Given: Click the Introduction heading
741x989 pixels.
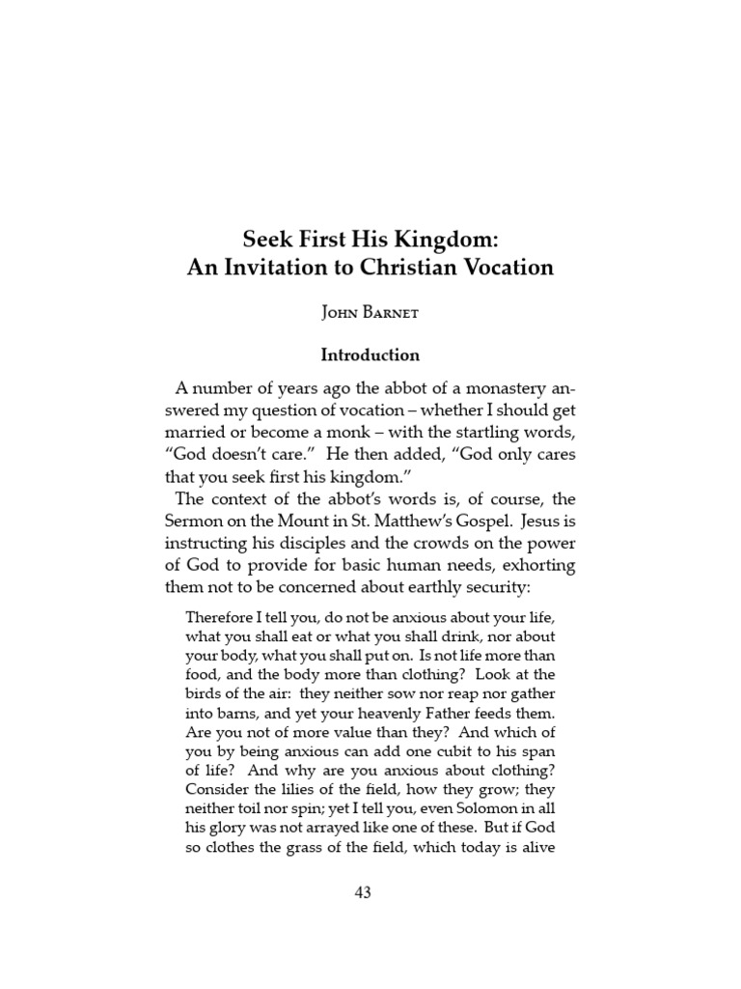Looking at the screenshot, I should pyautogui.click(x=370, y=354).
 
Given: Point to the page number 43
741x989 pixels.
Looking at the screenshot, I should pyautogui.click(x=363, y=892).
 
